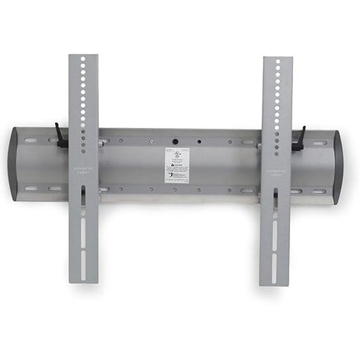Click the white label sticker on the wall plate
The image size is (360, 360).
tap(177, 165)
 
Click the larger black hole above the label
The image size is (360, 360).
tap(176, 139)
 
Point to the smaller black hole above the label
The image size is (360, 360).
tap(199, 140)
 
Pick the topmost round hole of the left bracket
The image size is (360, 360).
tap(83, 59)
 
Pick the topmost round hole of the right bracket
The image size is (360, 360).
tap(278, 62)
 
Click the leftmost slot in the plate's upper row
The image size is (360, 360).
tap(31, 139)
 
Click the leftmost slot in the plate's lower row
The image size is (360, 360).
tap(32, 188)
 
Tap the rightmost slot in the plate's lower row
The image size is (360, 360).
tap(319, 191)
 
